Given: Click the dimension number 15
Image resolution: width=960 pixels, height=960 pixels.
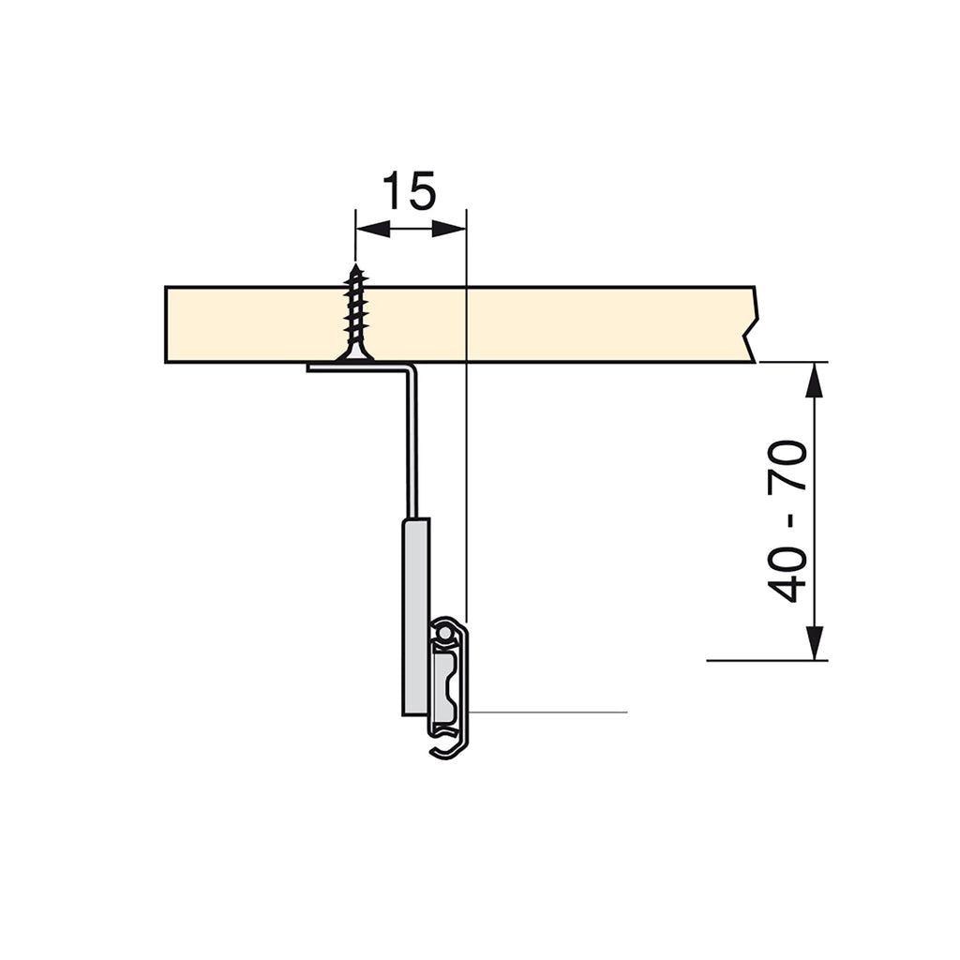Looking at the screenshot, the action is coord(409,190).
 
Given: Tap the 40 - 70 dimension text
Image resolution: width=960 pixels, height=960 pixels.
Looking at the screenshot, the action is coord(787,521).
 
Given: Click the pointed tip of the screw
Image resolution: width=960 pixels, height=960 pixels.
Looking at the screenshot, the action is coord(355,265).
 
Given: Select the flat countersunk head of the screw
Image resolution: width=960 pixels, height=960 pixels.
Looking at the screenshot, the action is coord(354,355).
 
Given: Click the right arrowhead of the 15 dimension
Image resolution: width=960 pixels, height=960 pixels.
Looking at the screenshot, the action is coord(449,230).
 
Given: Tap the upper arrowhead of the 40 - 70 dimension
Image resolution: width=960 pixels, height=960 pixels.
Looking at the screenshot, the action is coord(814,381).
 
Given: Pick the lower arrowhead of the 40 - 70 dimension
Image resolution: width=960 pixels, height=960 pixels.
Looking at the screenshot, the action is coord(814,643).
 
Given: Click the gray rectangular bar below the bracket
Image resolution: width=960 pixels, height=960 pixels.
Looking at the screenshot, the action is coord(415,617).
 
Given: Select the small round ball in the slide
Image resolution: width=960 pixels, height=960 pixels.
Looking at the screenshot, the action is coord(444,631).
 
